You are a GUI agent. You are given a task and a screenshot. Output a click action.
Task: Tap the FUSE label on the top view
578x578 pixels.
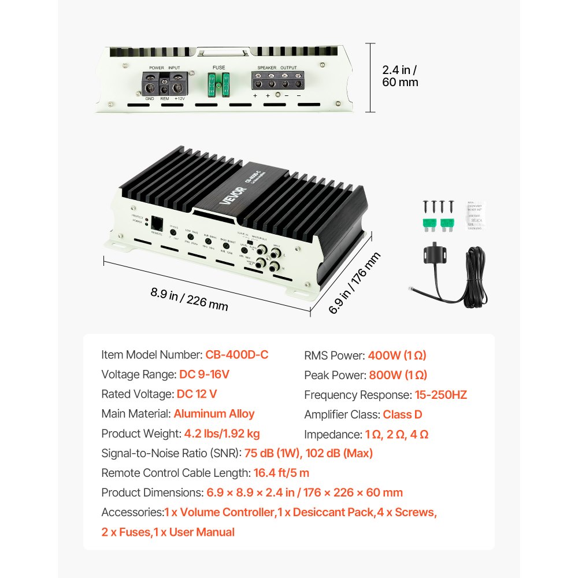(x=219, y=67)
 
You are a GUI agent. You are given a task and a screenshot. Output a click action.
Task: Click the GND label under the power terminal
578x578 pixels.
(x=150, y=99)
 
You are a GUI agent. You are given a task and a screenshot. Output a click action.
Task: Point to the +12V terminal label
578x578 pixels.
(x=179, y=99)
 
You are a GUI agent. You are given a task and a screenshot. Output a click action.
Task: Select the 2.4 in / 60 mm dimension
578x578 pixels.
(x=400, y=76)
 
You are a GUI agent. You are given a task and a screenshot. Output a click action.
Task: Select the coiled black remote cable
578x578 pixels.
(x=476, y=277)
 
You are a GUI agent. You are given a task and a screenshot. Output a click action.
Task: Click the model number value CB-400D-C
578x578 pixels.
(x=237, y=355)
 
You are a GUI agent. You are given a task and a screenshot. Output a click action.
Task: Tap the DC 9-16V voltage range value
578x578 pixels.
(x=204, y=375)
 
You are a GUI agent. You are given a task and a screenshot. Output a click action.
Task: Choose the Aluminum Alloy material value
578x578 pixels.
(x=214, y=414)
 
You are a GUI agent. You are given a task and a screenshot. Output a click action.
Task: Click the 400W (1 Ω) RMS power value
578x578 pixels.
(x=397, y=355)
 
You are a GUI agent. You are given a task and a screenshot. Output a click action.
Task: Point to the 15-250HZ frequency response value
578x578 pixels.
(x=440, y=395)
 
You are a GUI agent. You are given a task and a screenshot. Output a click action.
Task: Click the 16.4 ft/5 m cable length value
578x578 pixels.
(x=281, y=473)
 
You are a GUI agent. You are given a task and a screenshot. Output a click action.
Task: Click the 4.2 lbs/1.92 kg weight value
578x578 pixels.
(x=222, y=433)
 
